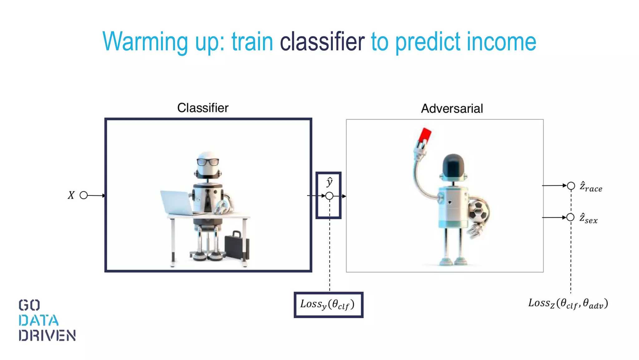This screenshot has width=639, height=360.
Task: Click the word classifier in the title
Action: click(322, 42)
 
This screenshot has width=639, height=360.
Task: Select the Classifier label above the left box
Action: click(203, 108)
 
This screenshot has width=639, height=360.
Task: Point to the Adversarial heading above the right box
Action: click(452, 109)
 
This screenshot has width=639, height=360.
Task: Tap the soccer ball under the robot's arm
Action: click(478, 211)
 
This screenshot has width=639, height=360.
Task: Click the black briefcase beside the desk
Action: click(237, 245)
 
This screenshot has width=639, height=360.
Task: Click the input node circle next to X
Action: click(84, 195)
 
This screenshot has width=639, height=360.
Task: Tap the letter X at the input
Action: click(71, 195)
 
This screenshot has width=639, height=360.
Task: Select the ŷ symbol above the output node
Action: click(329, 182)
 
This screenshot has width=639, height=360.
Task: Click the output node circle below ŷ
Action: click(329, 196)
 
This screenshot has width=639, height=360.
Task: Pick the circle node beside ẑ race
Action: click(571, 186)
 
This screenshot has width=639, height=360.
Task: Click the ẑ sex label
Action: click(588, 218)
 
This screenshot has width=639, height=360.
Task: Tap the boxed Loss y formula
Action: click(328, 305)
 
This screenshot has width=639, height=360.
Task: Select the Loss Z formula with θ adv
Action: click(568, 303)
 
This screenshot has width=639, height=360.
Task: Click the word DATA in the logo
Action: click(39, 321)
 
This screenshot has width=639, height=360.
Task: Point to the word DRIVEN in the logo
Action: click(47, 336)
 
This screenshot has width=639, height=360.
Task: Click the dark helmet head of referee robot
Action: click(453, 166)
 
